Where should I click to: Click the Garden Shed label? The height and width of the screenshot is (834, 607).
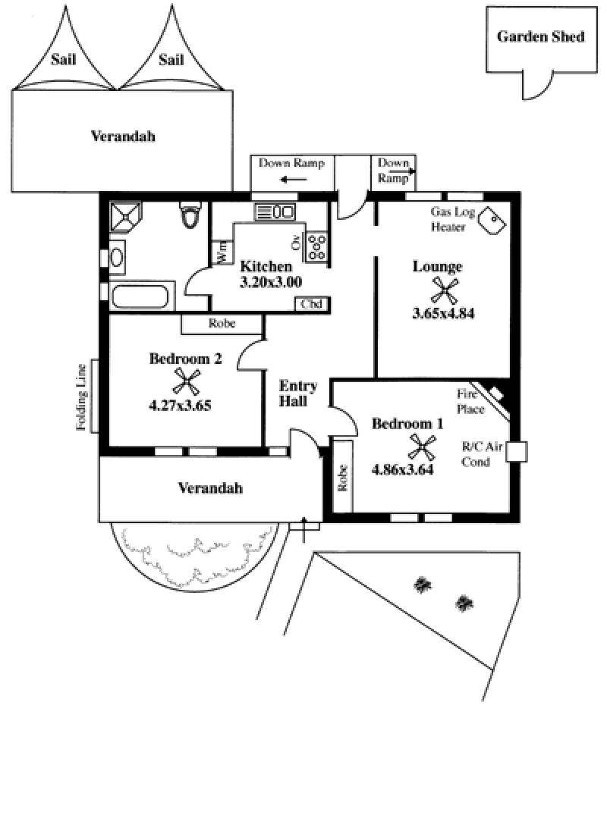point(540,36)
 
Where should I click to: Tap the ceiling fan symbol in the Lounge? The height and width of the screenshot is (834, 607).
point(445,290)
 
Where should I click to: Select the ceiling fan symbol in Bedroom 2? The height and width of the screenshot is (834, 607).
point(186,381)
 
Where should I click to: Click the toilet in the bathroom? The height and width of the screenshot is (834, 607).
point(190,215)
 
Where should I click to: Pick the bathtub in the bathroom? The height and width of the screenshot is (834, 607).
point(143,296)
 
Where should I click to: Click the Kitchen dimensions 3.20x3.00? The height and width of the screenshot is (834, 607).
point(271,281)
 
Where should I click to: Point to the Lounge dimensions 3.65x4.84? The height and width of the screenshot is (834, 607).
point(443,313)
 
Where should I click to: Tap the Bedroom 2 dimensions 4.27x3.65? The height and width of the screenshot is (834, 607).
point(180,405)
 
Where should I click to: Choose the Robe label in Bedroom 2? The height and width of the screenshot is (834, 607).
point(222,324)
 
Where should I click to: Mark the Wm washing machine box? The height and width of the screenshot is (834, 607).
point(223,251)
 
